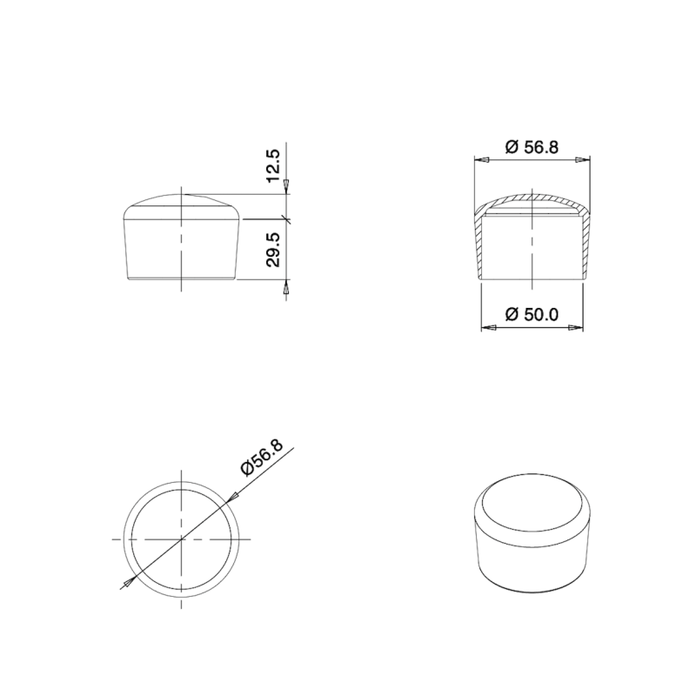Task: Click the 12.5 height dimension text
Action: coord(273,166)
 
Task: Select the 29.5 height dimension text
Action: coord(273,250)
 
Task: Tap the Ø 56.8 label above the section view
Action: coord(532,147)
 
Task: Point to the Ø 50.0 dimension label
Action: coord(532,314)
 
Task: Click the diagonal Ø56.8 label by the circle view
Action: coord(261,457)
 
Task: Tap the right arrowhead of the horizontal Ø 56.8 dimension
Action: coord(584,159)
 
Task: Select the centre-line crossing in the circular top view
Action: coord(181,539)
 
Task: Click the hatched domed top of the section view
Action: coord(532,198)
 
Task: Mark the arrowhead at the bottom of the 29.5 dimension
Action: coord(286,285)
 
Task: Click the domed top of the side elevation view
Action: coord(181,204)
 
